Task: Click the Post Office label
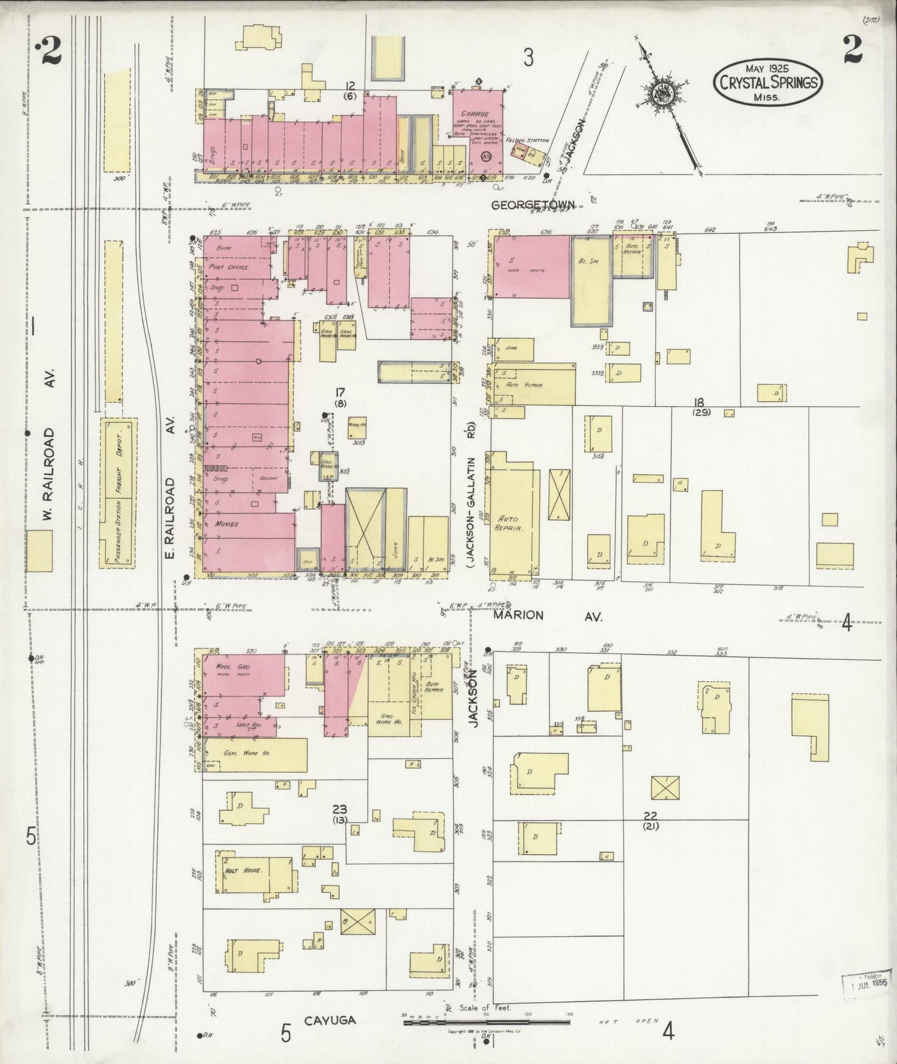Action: [229, 267]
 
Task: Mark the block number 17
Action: [340, 392]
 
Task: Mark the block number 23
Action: [340, 809]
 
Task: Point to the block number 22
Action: [651, 815]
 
